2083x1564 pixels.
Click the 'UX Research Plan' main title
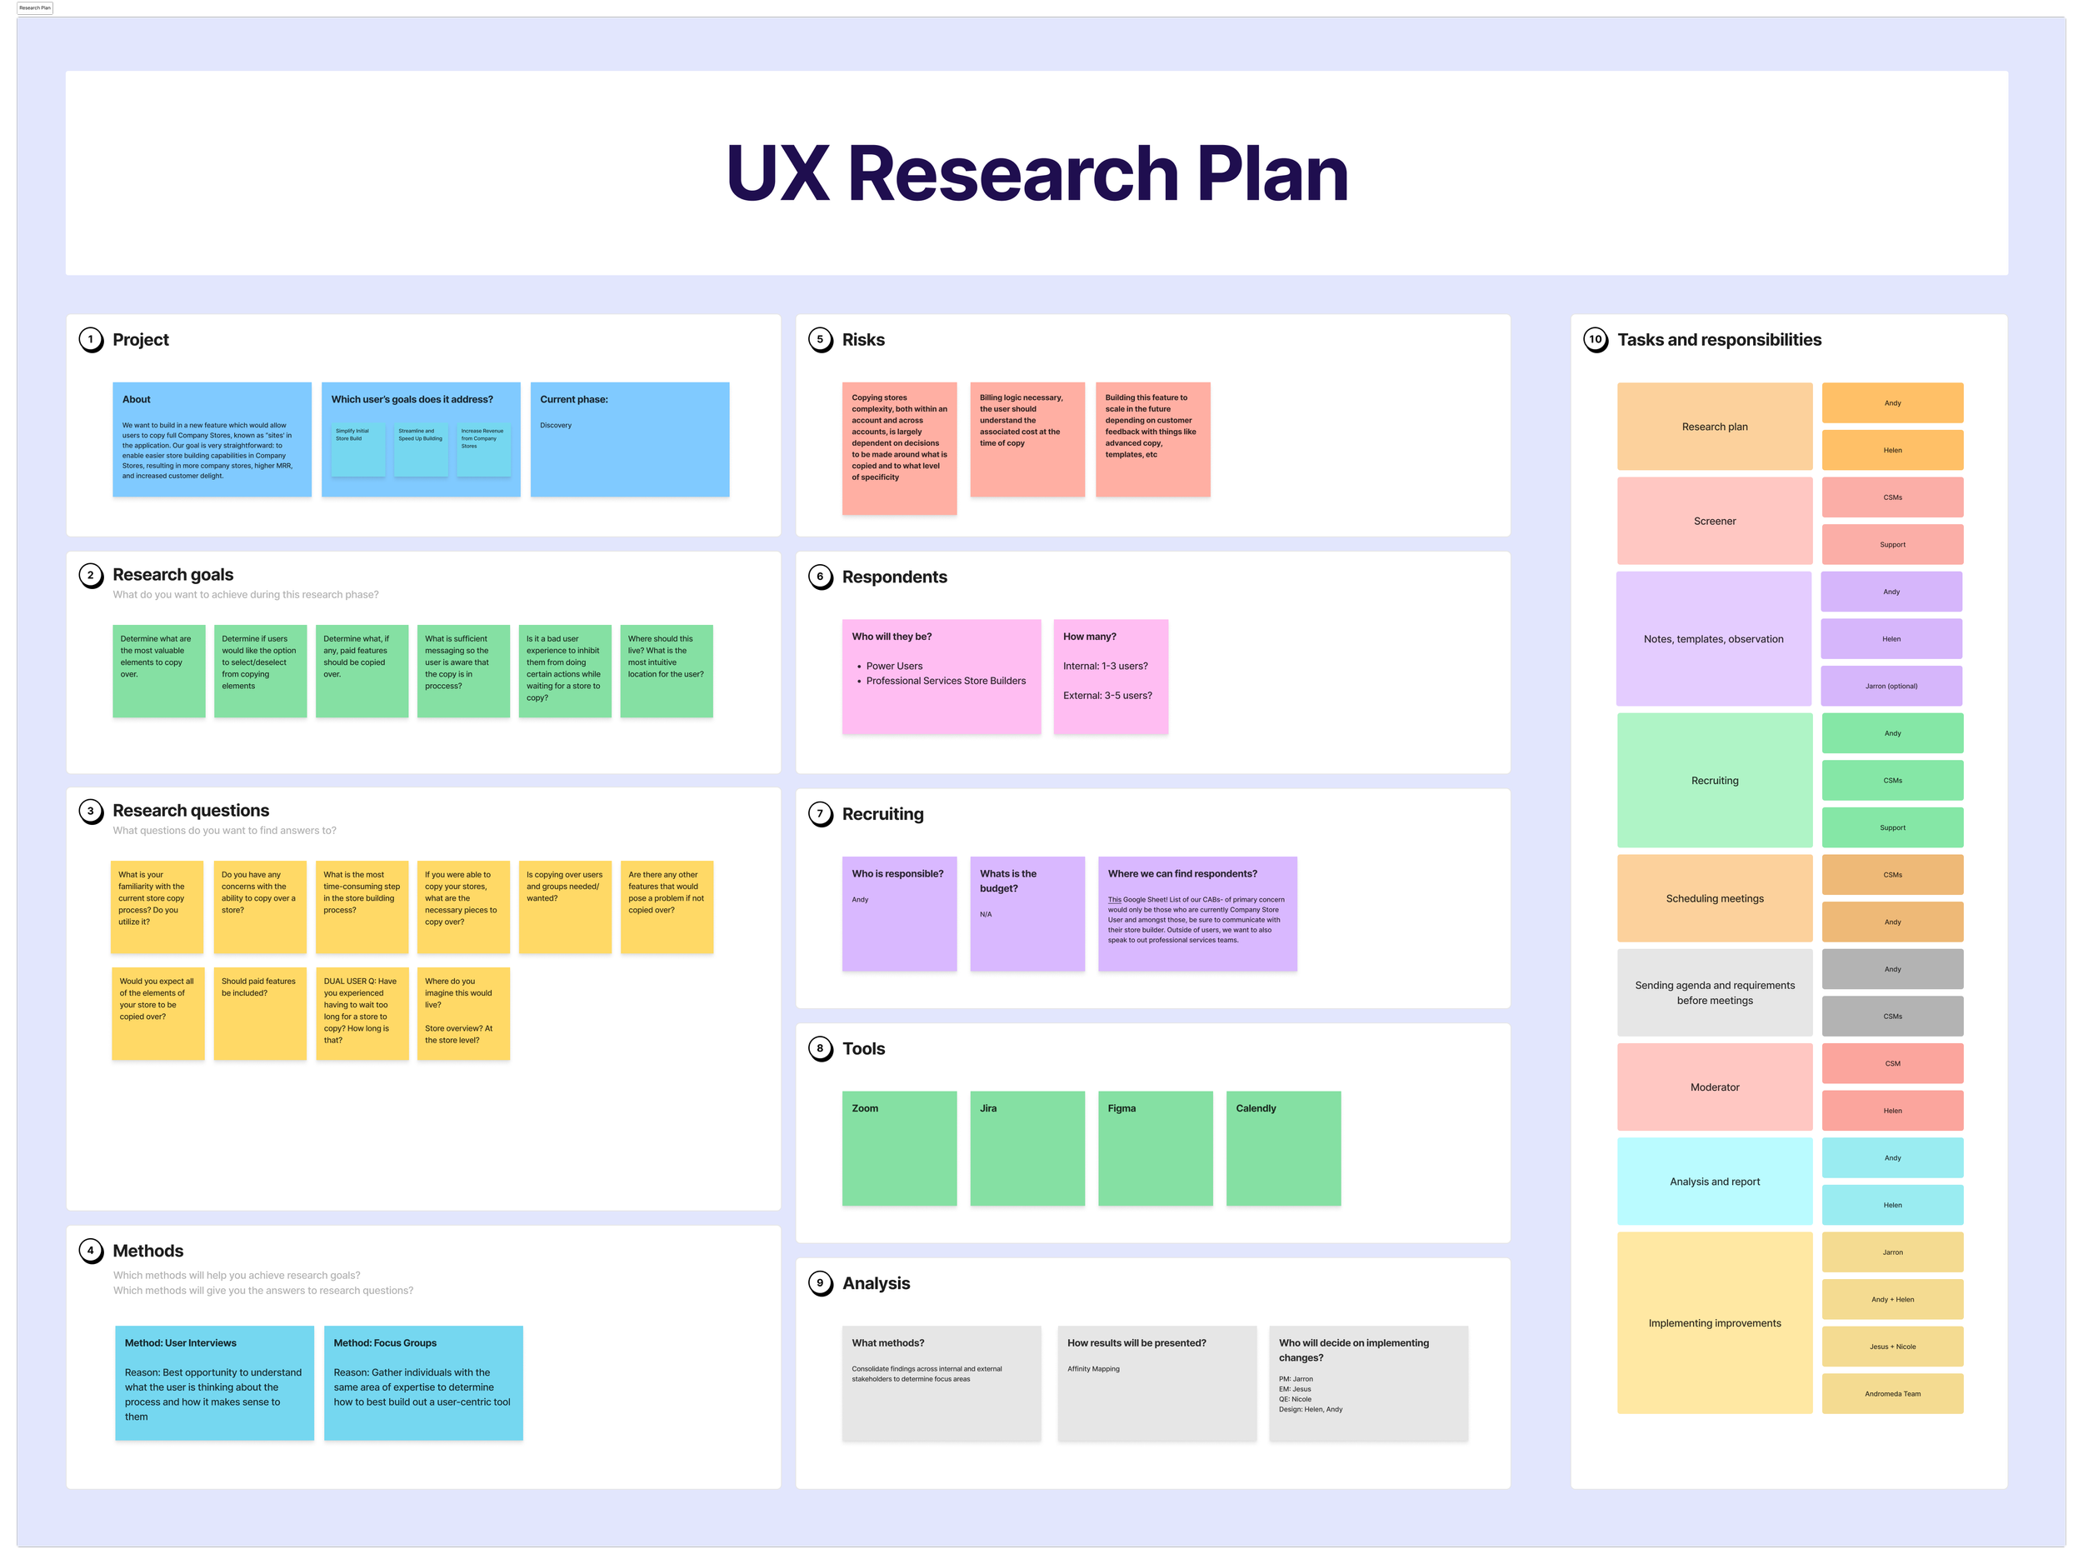coord(1037,173)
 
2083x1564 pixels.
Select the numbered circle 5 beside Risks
coord(820,340)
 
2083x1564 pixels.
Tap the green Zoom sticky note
coord(899,1148)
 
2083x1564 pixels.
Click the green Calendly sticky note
coord(1282,1148)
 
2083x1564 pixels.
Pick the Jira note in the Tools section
coord(1027,1148)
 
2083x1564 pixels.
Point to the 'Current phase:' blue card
coord(629,439)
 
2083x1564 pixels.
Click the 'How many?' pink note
coord(1111,676)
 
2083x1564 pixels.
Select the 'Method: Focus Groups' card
coord(422,1382)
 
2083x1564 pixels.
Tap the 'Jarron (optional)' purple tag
coord(1891,687)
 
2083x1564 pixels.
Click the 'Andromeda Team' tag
coord(1892,1393)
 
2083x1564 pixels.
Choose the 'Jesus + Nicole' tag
coord(1892,1347)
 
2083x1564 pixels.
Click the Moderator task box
coord(1714,1087)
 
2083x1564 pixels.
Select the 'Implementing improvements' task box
coord(1714,1323)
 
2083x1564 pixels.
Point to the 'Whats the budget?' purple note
coord(1027,913)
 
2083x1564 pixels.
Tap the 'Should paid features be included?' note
coord(260,1013)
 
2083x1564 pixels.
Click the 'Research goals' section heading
coord(173,574)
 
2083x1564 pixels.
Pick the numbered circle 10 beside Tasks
coord(1596,340)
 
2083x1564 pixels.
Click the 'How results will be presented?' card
coord(1156,1382)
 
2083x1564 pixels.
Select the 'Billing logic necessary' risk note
coord(1027,439)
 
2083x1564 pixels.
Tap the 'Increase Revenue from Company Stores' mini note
coord(483,449)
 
